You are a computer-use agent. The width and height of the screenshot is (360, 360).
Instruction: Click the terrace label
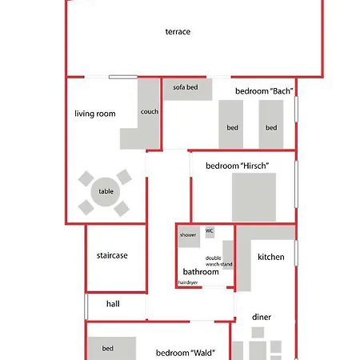178,32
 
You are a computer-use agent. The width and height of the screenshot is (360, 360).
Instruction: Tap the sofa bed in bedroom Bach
188,90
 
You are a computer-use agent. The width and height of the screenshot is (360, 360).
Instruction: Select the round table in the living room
106,192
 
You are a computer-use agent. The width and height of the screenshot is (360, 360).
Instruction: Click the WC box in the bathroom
210,232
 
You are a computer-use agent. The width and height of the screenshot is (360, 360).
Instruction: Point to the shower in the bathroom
189,237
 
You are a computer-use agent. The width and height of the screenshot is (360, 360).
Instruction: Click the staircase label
112,255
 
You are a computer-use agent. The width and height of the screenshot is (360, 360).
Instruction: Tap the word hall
113,304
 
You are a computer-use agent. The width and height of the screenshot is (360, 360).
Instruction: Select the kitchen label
271,257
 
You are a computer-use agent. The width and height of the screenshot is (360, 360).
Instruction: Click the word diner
262,317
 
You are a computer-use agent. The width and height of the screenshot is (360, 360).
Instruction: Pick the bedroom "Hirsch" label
237,166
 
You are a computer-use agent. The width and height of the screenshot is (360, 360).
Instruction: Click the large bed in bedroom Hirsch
254,197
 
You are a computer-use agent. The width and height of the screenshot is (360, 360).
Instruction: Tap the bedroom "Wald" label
186,353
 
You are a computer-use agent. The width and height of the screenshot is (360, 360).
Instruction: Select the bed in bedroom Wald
112,348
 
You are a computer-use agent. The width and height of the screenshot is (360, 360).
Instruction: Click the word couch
150,112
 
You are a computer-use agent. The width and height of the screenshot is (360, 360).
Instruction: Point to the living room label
95,114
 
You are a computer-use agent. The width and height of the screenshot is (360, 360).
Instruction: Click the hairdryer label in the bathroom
188,282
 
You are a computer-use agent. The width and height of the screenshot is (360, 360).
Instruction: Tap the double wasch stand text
218,261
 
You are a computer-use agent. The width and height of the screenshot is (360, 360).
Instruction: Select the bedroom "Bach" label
264,91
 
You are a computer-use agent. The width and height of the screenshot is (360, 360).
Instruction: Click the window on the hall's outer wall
86,306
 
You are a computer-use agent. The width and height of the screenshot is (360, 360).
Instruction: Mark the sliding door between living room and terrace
123,77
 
